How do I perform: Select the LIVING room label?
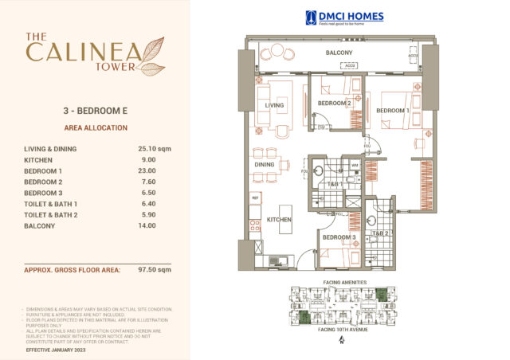point(274,105)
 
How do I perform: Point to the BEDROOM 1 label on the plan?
point(393,110)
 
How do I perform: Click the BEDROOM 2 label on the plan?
point(335,104)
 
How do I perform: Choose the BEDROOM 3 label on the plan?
point(339,237)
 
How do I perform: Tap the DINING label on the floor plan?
point(264,165)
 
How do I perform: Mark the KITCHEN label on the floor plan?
point(279,219)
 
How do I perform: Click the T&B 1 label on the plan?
point(333,184)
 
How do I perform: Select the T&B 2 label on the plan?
point(379,233)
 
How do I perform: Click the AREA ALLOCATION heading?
point(95,127)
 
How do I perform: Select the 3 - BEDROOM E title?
point(95,112)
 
